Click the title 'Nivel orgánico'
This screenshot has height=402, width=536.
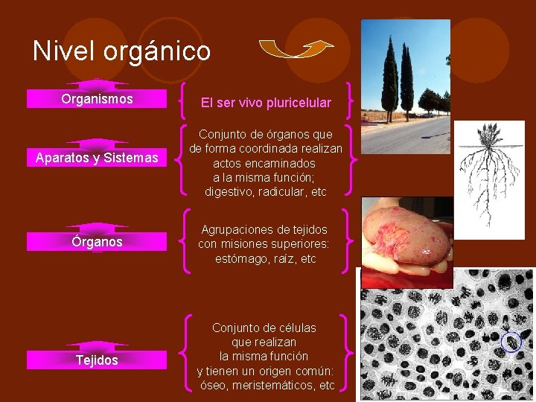121,51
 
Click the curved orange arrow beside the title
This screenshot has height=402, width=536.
296,49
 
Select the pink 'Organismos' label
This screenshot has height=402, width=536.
97,99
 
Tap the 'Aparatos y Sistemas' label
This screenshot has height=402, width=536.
97,158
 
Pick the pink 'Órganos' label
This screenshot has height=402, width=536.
97,242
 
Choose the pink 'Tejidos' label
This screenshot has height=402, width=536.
97,360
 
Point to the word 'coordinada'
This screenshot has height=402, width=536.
269,149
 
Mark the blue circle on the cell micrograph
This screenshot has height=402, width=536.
511,342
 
